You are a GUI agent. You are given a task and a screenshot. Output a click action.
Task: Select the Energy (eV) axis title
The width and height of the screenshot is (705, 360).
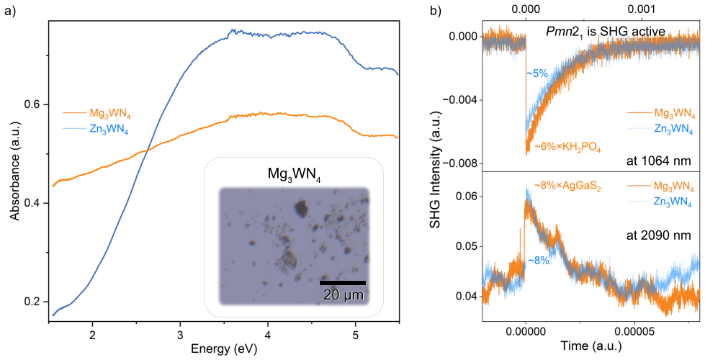pyautogui.click(x=224, y=348)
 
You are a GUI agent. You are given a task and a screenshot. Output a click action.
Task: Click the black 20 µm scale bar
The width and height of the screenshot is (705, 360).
pyautogui.click(x=343, y=283)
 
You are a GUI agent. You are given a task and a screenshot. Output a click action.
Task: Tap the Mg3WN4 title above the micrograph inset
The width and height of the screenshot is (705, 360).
pyautogui.click(x=294, y=173)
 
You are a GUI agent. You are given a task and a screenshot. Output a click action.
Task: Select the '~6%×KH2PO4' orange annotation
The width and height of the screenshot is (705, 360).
pyautogui.click(x=568, y=146)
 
